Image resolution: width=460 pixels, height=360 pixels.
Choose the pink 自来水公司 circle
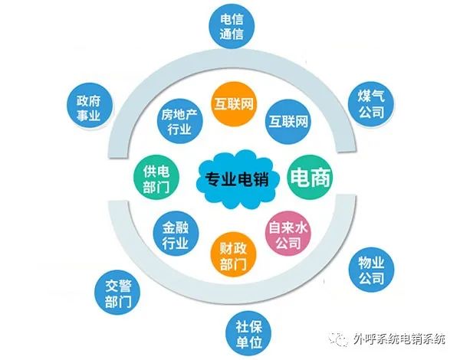click(284, 234)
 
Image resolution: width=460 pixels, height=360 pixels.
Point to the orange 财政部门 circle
click(233, 256)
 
